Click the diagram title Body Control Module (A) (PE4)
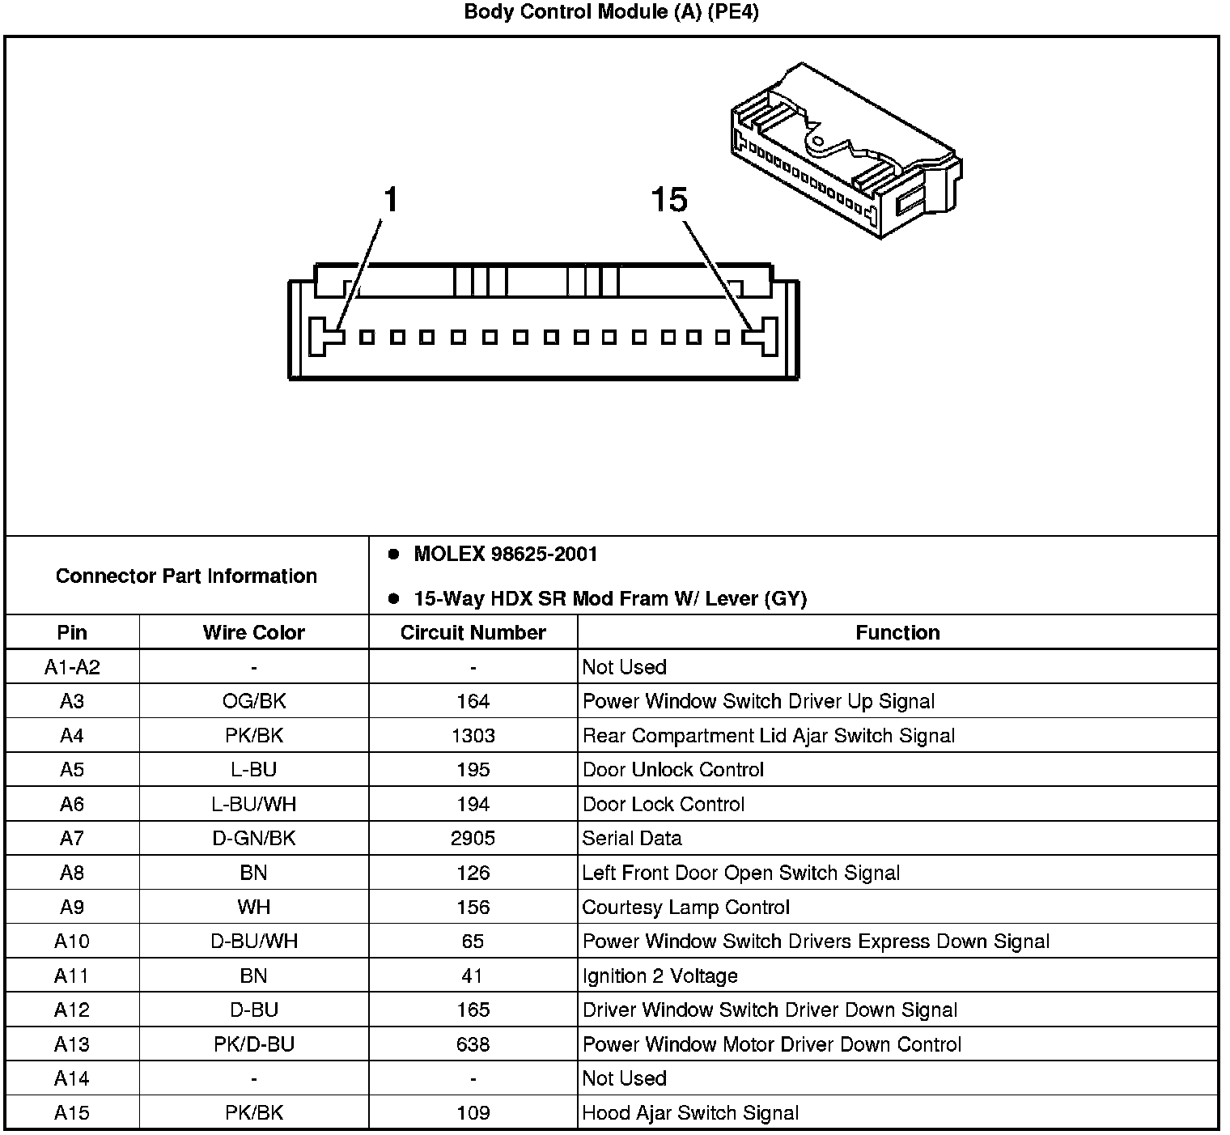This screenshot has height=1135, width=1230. (611, 12)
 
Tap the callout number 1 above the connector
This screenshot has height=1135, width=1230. (391, 199)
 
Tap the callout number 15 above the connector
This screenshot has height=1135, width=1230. (669, 199)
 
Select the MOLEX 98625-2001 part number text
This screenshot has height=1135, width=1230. (505, 555)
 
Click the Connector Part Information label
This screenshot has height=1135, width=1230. (186, 576)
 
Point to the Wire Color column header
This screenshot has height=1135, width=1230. (253, 632)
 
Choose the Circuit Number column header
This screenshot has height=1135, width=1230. (473, 632)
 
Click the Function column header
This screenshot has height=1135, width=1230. (897, 632)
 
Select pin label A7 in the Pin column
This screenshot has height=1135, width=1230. (72, 839)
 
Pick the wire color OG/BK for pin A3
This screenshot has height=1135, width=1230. (253, 701)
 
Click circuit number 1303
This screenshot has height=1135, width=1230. (473, 736)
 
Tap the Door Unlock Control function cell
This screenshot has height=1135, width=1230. (673, 770)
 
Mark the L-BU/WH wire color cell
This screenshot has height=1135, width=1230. (253, 805)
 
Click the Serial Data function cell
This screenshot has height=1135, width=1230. (632, 839)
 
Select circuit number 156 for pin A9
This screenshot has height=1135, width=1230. (473, 908)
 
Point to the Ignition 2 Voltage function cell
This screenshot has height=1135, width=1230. (660, 976)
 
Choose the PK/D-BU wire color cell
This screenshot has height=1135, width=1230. (253, 1044)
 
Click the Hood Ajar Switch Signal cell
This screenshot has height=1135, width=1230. (690, 1113)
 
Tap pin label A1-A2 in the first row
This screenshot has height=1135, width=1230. (72, 667)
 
